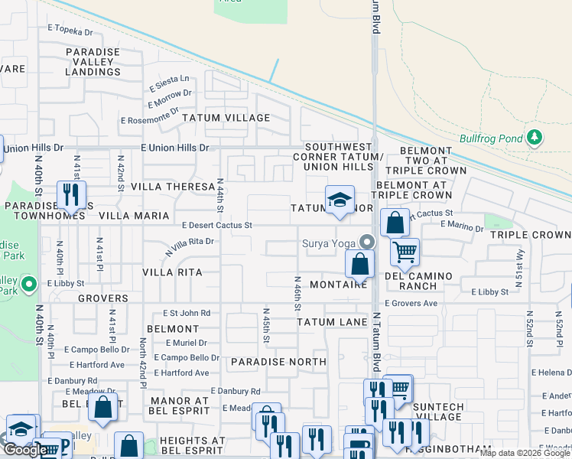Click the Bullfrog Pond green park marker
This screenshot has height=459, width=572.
click(x=535, y=138)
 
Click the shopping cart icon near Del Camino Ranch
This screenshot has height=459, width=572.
click(x=404, y=250)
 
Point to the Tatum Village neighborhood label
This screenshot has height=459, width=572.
click(x=226, y=118)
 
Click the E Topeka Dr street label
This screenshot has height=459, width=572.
click(x=70, y=31)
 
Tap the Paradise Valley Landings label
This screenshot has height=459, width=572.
click(x=93, y=62)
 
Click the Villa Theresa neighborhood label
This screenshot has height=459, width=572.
click(x=173, y=187)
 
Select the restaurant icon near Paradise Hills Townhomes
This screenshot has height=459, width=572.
click(x=71, y=194)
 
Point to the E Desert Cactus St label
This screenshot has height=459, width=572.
click(x=217, y=225)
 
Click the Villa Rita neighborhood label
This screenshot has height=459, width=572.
click(x=172, y=272)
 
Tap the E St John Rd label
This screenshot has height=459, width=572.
click(x=187, y=313)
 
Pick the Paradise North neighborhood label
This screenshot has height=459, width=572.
click(x=278, y=361)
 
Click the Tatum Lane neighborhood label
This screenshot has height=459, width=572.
click(x=332, y=322)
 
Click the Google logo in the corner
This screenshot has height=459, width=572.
click(x=24, y=449)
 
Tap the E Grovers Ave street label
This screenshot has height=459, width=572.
click(x=411, y=304)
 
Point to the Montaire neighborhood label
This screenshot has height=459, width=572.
click(x=339, y=285)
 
